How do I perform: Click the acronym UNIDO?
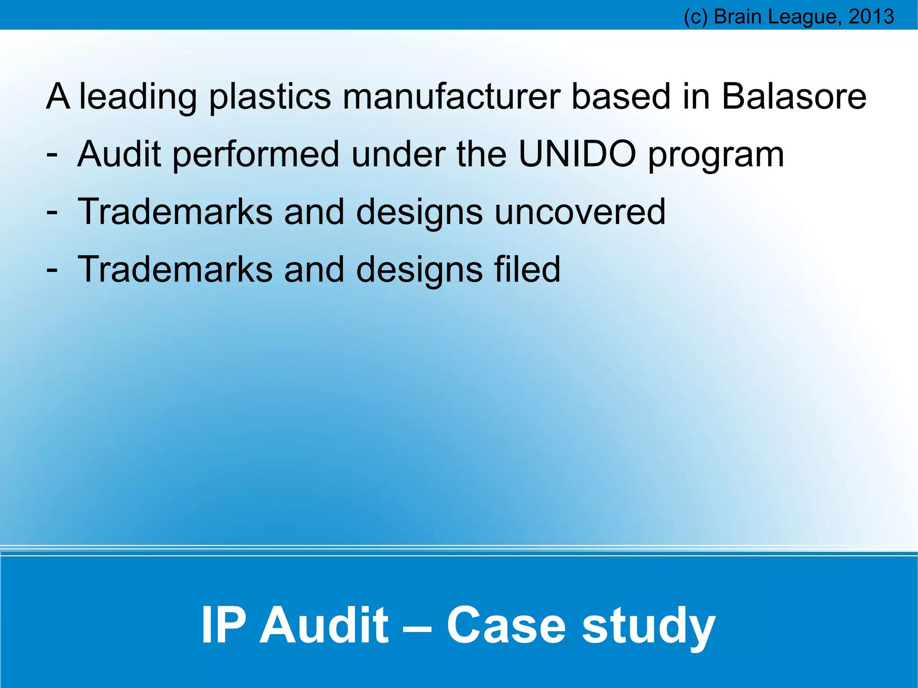577,154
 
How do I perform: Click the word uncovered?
580,212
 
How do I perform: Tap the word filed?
527,269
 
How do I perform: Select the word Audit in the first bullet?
119,154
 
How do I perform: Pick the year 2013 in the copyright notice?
871,17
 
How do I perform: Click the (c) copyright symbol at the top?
696,17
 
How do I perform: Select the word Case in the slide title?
506,625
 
